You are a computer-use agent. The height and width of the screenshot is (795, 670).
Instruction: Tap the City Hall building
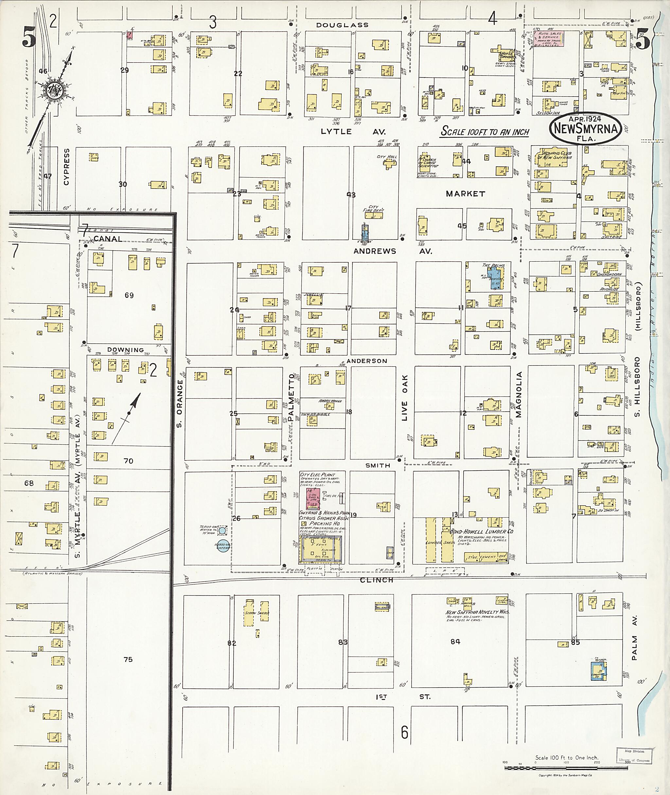pyautogui.click(x=389, y=164)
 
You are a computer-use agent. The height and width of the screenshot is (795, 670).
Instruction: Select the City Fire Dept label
pyautogui.click(x=374, y=208)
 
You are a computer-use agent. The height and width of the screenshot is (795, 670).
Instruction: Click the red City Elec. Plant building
pyautogui.click(x=313, y=498)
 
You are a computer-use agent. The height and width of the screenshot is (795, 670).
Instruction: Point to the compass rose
pyautogui.click(x=51, y=90)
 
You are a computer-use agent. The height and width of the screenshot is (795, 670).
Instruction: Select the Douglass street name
pyautogui.click(x=342, y=25)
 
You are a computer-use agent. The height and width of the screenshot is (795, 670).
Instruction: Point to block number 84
pyautogui.click(x=455, y=641)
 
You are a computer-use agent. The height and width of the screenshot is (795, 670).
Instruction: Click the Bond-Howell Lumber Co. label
pyautogui.click(x=481, y=531)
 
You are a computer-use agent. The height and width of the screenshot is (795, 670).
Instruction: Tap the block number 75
pyautogui.click(x=128, y=659)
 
